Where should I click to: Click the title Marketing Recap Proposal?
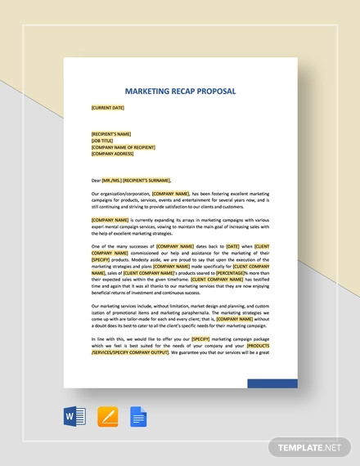coord(180,91)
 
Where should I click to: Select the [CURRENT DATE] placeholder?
coord(108,106)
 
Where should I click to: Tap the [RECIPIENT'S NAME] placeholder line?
coord(111,133)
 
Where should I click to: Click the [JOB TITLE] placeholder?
coord(103,140)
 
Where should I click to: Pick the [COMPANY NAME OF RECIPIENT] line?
coord(122,146)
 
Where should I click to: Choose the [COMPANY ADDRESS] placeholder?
coord(113,153)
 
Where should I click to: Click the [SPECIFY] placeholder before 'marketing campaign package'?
coord(202,338)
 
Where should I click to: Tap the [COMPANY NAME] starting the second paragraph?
coord(110,220)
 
